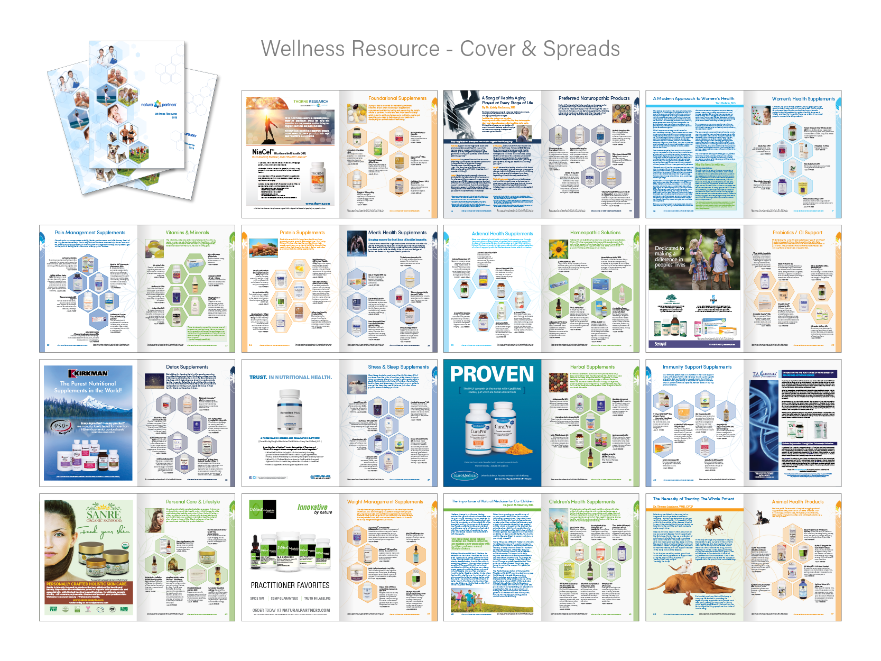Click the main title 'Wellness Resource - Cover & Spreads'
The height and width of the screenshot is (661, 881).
(x=440, y=49)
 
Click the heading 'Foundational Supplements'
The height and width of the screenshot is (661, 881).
(x=397, y=98)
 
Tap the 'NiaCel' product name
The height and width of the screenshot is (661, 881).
(x=262, y=152)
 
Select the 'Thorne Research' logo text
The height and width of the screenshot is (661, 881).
(x=311, y=102)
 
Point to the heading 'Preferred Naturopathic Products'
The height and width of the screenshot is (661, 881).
(x=594, y=98)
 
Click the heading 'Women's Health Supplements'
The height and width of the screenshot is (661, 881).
(x=803, y=99)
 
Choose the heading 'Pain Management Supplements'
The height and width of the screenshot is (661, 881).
(x=90, y=233)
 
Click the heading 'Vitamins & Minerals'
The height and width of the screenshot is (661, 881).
(x=187, y=233)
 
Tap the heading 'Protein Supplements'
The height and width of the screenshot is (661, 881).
(x=302, y=233)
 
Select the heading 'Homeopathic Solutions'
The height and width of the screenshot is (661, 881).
(x=595, y=233)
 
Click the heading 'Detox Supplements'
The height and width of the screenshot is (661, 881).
(x=187, y=367)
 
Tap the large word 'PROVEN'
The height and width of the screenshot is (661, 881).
(x=492, y=374)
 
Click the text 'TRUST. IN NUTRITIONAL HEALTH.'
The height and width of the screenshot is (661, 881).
(x=291, y=378)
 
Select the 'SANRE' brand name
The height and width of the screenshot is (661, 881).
(x=104, y=513)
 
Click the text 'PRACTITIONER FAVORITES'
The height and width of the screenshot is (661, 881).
(x=290, y=585)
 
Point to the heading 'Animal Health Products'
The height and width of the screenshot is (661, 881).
(x=797, y=502)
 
